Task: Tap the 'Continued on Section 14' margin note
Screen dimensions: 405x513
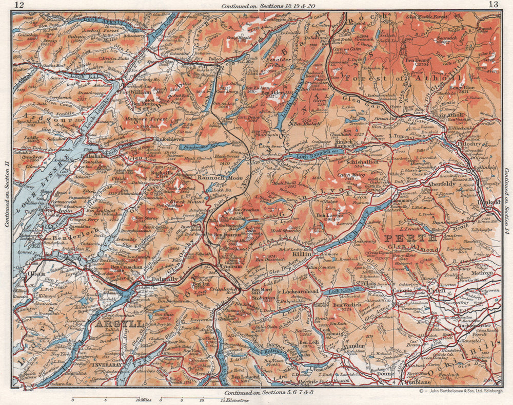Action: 507,194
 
